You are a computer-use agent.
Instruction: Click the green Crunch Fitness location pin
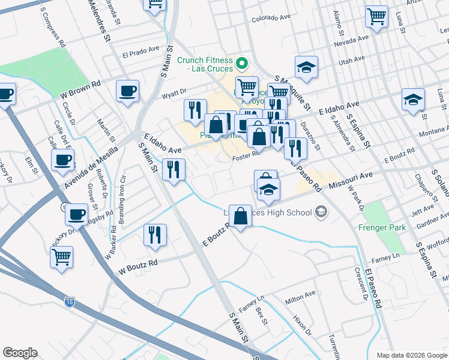click(242, 62)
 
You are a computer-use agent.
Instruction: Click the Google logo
click(20, 353)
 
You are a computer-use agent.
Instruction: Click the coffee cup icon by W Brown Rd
click(127, 91)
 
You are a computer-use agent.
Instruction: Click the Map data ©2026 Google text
click(411, 355)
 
